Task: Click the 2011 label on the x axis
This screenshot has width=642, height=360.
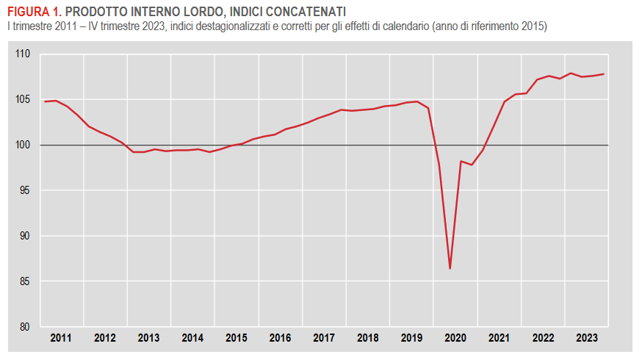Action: pyautogui.click(x=61, y=338)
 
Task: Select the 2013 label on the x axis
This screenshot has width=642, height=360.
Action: pyautogui.click(x=148, y=338)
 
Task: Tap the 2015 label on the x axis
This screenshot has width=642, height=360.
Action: pyautogui.click(x=237, y=338)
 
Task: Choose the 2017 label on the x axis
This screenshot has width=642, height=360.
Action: pyautogui.click(x=324, y=338)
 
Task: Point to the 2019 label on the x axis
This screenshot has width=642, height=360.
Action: pyautogui.click(x=411, y=338)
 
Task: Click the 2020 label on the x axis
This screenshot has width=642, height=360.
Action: pyautogui.click(x=455, y=338)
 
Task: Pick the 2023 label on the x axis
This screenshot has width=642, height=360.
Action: pyautogui.click(x=587, y=338)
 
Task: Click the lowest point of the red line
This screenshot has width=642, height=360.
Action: pyautogui.click(x=450, y=269)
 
